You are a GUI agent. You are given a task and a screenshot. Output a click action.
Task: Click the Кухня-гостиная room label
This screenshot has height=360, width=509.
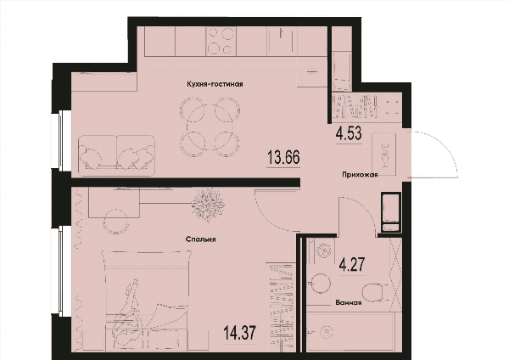215,84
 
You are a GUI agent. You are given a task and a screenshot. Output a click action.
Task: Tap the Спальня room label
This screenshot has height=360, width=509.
201,239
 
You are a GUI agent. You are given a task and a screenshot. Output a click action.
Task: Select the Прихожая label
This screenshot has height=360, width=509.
360,175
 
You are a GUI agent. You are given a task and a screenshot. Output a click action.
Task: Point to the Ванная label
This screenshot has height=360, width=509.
349,303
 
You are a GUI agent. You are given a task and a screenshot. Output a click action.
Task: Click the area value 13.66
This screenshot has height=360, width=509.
283,158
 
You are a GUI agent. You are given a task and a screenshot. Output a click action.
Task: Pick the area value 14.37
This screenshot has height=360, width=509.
240,333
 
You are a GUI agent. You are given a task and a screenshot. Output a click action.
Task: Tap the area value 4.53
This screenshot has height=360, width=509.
349,133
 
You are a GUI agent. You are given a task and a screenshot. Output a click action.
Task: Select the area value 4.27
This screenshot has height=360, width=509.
352,264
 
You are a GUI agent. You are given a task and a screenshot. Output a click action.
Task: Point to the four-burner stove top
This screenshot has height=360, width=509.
221,41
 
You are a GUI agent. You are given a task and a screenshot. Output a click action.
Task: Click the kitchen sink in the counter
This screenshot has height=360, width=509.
282,41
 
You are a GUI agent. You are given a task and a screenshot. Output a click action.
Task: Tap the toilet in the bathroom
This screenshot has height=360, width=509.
376,292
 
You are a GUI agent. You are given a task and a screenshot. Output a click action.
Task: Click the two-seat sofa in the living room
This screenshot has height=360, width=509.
116,155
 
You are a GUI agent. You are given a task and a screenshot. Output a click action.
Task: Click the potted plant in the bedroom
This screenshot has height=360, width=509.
208,205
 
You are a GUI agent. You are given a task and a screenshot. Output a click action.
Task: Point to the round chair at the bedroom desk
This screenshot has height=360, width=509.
115,222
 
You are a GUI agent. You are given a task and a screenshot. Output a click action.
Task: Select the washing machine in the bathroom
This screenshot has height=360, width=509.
323,251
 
